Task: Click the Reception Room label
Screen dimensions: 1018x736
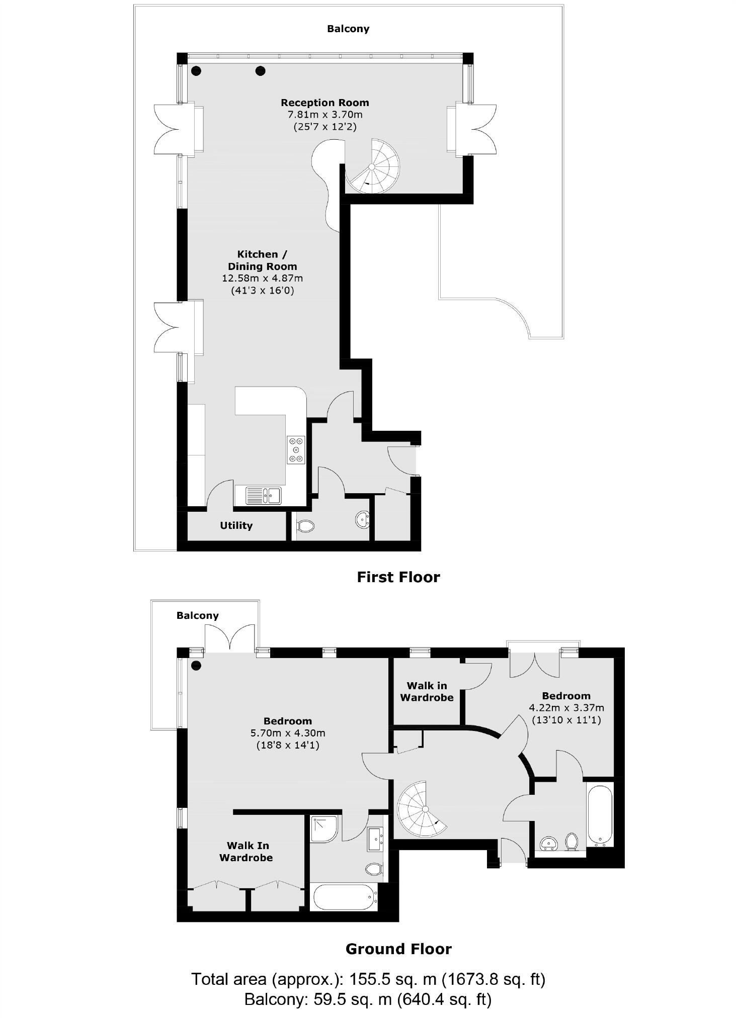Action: (324, 103)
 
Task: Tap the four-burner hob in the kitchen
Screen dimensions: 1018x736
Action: (296, 449)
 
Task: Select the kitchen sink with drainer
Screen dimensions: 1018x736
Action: (263, 495)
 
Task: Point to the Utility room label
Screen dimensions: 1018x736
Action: (236, 525)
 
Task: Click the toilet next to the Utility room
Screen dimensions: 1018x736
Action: (305, 526)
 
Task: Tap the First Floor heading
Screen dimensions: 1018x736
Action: (398, 577)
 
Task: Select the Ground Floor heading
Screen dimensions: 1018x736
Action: (398, 949)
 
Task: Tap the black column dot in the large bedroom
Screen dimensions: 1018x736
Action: (196, 666)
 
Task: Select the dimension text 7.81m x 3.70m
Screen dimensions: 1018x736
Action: (324, 115)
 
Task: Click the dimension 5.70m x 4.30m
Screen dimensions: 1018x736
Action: (288, 732)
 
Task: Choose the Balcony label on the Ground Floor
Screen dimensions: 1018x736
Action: (198, 615)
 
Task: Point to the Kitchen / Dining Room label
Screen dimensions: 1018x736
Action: (262, 260)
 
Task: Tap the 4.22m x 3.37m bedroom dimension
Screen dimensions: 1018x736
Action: (566, 707)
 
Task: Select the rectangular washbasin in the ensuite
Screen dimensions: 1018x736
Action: (376, 839)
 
